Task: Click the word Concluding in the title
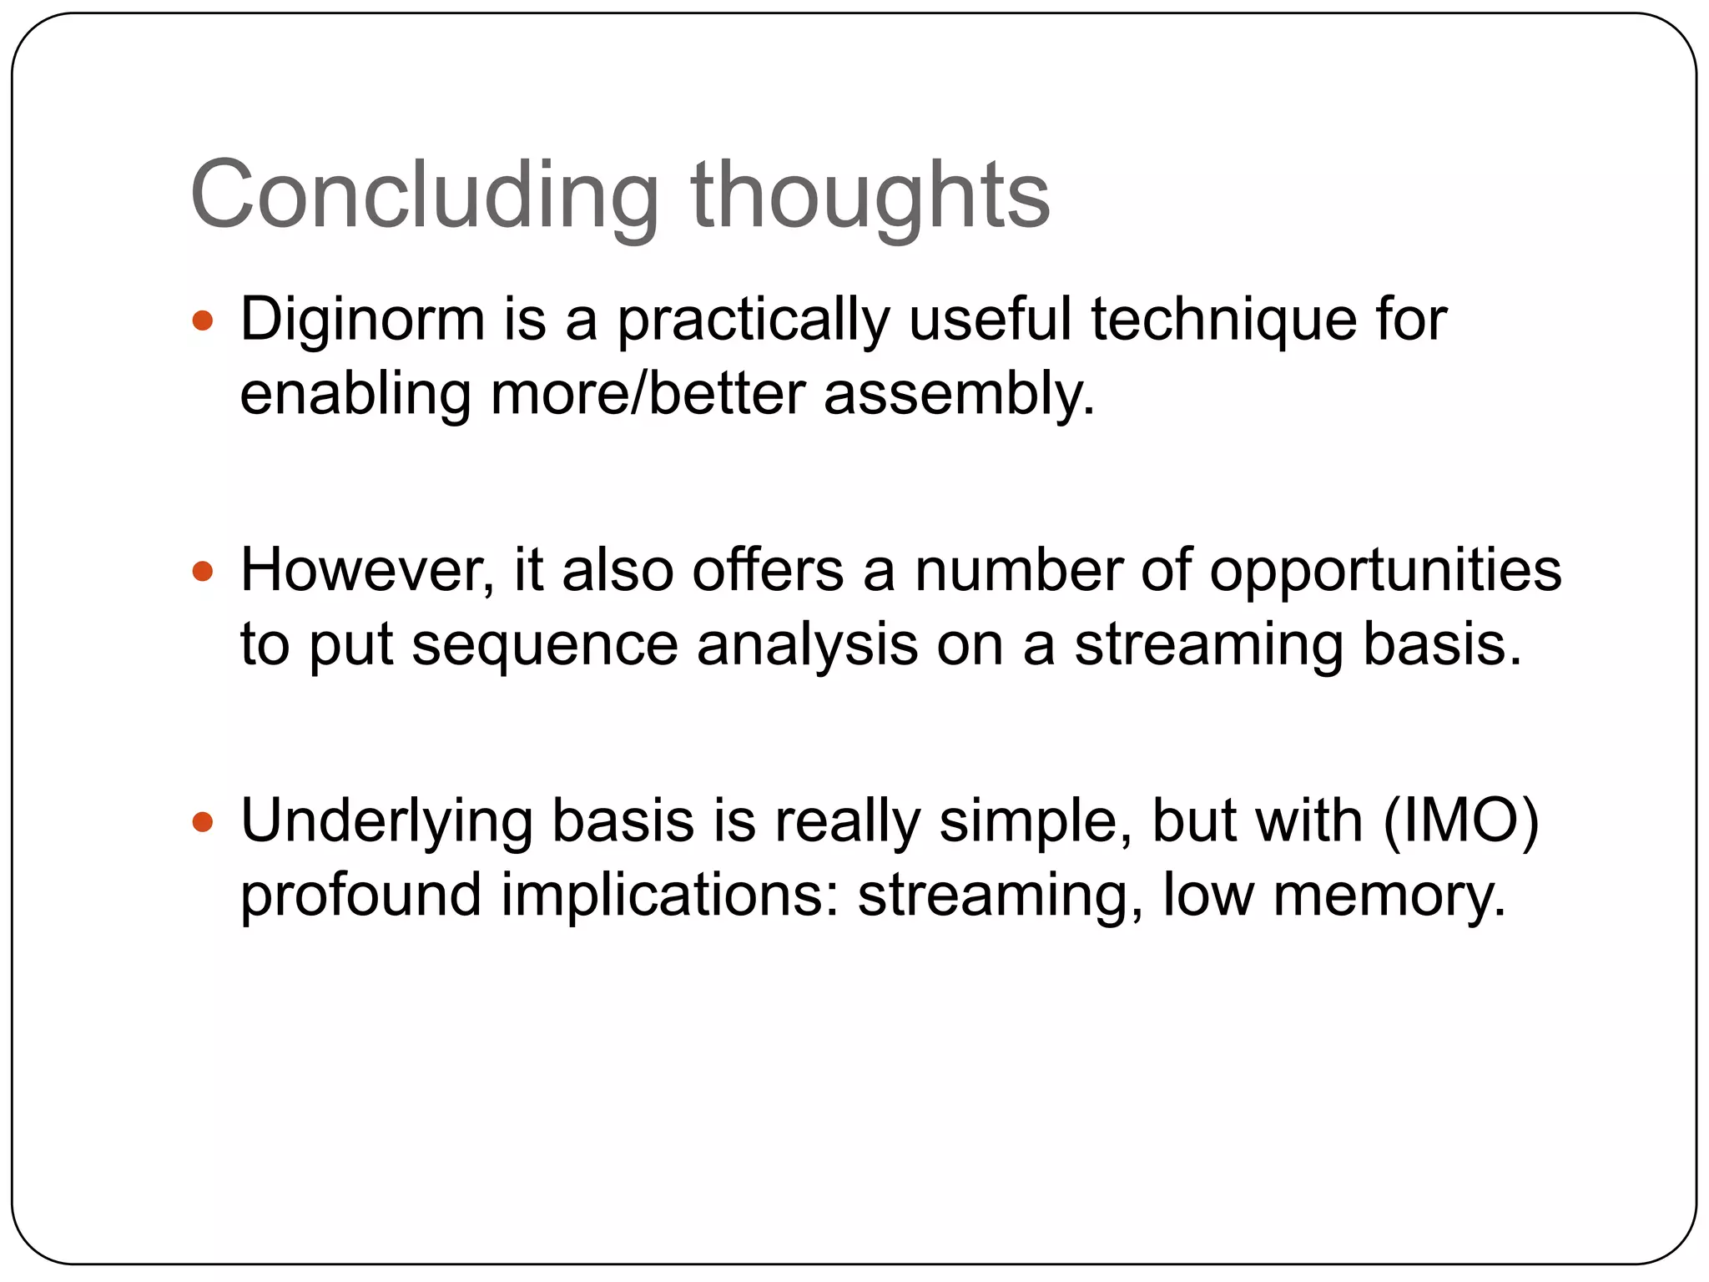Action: point(424,195)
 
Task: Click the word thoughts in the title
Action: point(870,195)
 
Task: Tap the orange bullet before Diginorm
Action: point(203,320)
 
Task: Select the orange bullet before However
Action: point(203,572)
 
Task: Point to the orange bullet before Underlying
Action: point(203,823)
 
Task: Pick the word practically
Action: point(753,321)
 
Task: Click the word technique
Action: point(1224,321)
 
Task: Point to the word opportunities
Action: point(1385,573)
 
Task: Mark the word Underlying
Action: point(386,823)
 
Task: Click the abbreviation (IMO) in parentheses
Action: point(1460,821)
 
